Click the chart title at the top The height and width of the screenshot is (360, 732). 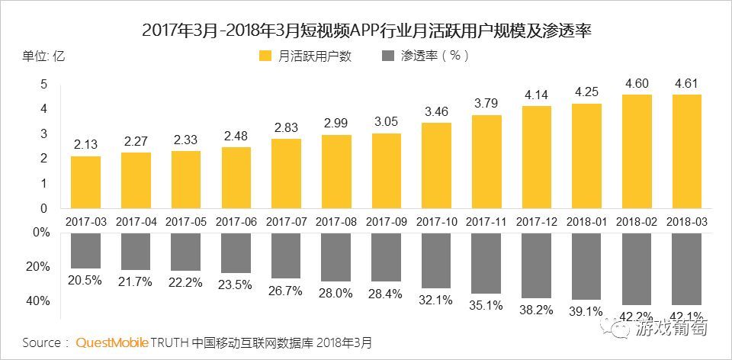tap(367, 31)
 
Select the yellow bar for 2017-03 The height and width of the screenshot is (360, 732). tap(85, 182)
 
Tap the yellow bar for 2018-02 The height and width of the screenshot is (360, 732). tap(637, 152)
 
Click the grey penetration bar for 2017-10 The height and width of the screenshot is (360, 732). tap(436, 260)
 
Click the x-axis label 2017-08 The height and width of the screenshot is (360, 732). tap(336, 221)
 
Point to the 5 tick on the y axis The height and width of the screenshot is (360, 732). tap(44, 84)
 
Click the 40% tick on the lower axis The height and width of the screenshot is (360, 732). tap(37, 301)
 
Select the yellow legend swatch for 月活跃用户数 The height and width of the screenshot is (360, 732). tap(265, 56)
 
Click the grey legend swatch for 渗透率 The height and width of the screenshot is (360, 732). tap(387, 56)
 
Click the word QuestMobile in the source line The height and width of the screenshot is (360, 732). tap(113, 342)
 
